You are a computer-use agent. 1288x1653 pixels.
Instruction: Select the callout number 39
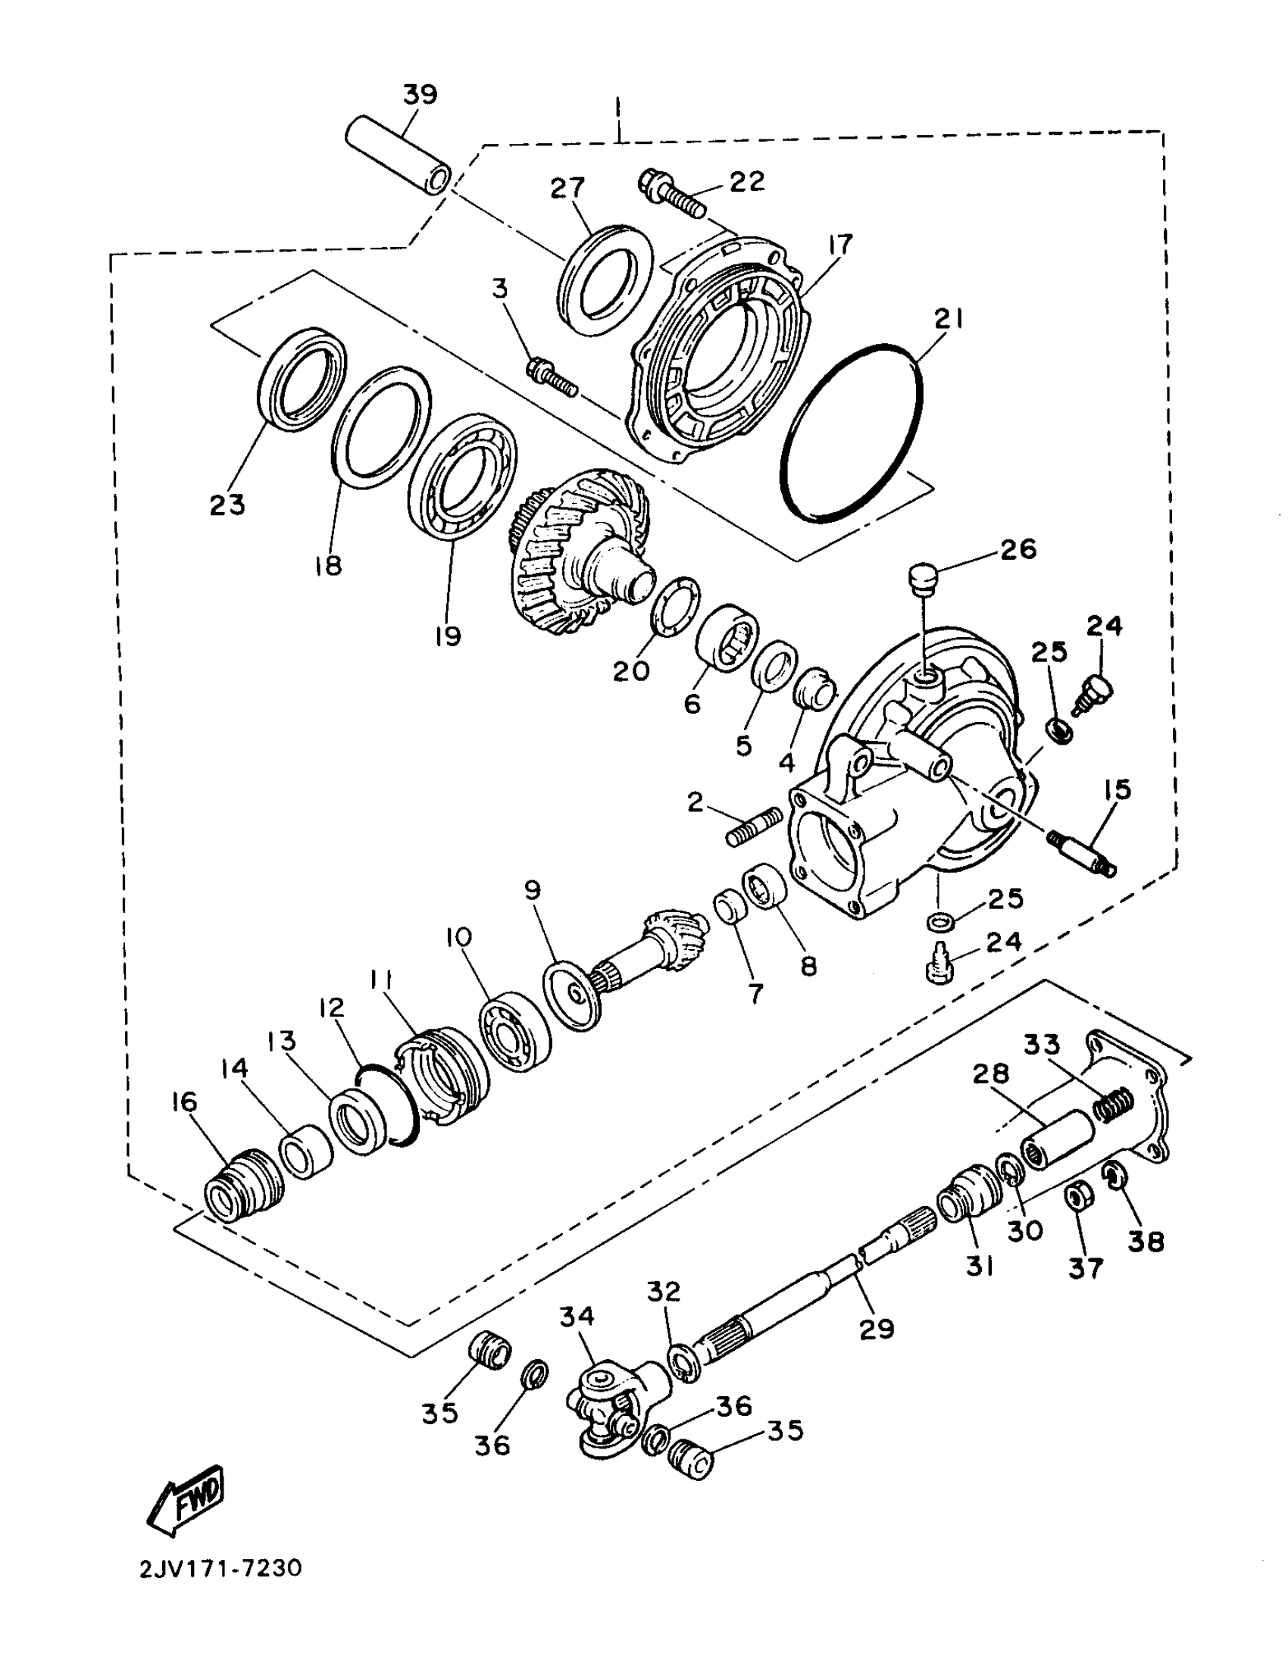pyautogui.click(x=420, y=95)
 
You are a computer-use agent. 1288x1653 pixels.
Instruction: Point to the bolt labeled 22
pyautogui.click(x=675, y=193)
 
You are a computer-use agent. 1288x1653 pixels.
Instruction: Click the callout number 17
pyautogui.click(x=840, y=244)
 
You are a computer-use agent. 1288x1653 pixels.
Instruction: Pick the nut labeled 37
pyautogui.click(x=1075, y=1199)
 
